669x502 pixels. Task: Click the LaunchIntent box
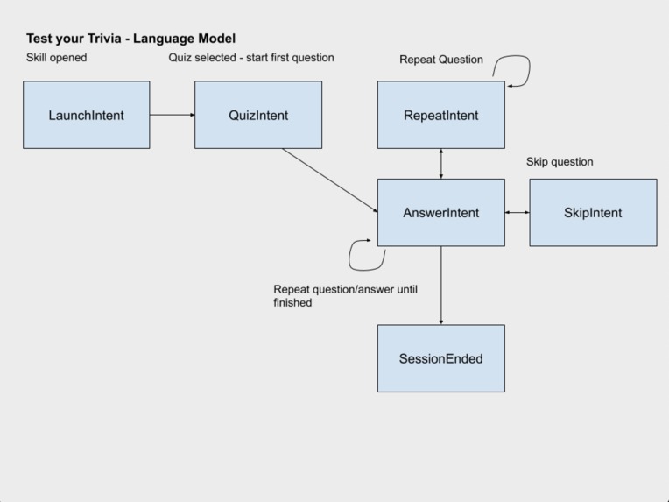(x=86, y=115)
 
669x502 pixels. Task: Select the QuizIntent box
(x=258, y=115)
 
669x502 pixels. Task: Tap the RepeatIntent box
(x=440, y=115)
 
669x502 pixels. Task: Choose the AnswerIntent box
(x=440, y=213)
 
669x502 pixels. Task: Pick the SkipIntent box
(x=593, y=213)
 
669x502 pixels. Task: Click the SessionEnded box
(x=440, y=358)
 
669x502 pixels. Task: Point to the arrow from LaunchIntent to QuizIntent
(x=172, y=115)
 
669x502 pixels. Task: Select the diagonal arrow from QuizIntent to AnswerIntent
(x=329, y=180)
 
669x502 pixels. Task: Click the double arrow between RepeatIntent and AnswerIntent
(x=441, y=164)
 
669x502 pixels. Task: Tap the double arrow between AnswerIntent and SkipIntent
(x=517, y=213)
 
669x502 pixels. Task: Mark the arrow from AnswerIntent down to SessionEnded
(x=441, y=285)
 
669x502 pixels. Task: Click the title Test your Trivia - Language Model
(x=130, y=39)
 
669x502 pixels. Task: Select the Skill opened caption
(x=56, y=58)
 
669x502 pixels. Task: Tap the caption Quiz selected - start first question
(x=251, y=58)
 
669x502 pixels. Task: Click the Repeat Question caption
(x=441, y=60)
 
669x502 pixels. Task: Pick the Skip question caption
(x=560, y=162)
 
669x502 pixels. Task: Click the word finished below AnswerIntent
(x=292, y=303)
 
